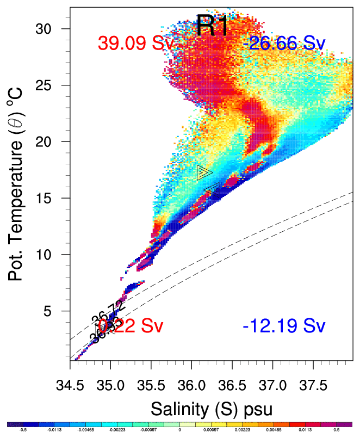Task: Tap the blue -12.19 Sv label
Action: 284,326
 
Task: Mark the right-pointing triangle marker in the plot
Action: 204,172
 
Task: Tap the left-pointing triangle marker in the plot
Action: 212,188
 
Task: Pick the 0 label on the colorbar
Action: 179,430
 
